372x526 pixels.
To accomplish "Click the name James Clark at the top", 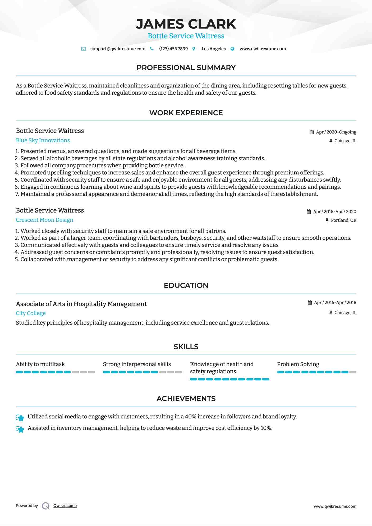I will (186, 24).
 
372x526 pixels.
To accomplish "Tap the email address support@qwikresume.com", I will (118, 49).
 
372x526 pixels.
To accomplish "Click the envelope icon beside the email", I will (84, 49).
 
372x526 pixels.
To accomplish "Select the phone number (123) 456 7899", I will (173, 49).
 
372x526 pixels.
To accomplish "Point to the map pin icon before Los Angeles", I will (194, 49).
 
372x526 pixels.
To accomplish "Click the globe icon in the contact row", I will (232, 49).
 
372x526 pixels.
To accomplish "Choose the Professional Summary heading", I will (186, 68).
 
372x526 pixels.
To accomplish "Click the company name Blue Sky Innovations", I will (43, 140).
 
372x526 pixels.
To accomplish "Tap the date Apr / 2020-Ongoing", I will (336, 132).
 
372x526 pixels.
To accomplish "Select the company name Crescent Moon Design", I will (44, 220).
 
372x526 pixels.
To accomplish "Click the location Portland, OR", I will (343, 220).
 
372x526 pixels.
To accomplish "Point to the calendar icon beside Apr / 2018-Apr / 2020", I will (309, 211).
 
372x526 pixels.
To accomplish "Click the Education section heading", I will (186, 285).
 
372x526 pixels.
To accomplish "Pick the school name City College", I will (31, 313).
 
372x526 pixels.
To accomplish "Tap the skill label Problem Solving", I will (298, 364).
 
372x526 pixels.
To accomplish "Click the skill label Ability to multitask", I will (40, 364).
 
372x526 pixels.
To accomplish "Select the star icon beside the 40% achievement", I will (20, 417).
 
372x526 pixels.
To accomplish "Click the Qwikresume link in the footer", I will (65, 506).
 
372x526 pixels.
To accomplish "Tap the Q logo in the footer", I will (46, 506).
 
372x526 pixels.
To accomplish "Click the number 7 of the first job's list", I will (17, 194).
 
